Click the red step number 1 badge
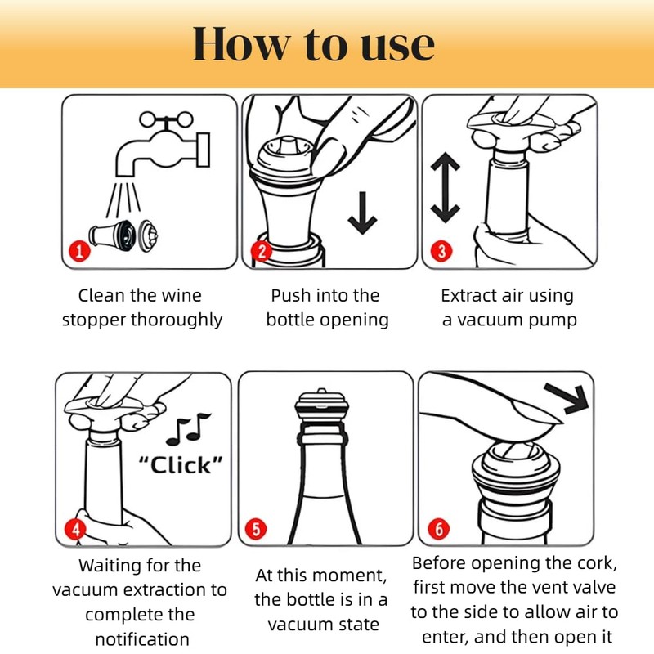(79, 251)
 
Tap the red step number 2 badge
(262, 251)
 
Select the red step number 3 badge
(441, 251)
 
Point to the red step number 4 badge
(75, 529)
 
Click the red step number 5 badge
(256, 528)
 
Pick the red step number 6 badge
(439, 529)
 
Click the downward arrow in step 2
(362, 213)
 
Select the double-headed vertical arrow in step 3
(446, 188)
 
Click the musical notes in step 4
(189, 428)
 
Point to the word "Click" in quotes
(180, 465)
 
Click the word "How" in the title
(241, 44)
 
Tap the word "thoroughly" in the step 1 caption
(177, 320)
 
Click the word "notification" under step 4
(142, 638)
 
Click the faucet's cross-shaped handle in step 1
(166, 120)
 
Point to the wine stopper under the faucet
(123, 236)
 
